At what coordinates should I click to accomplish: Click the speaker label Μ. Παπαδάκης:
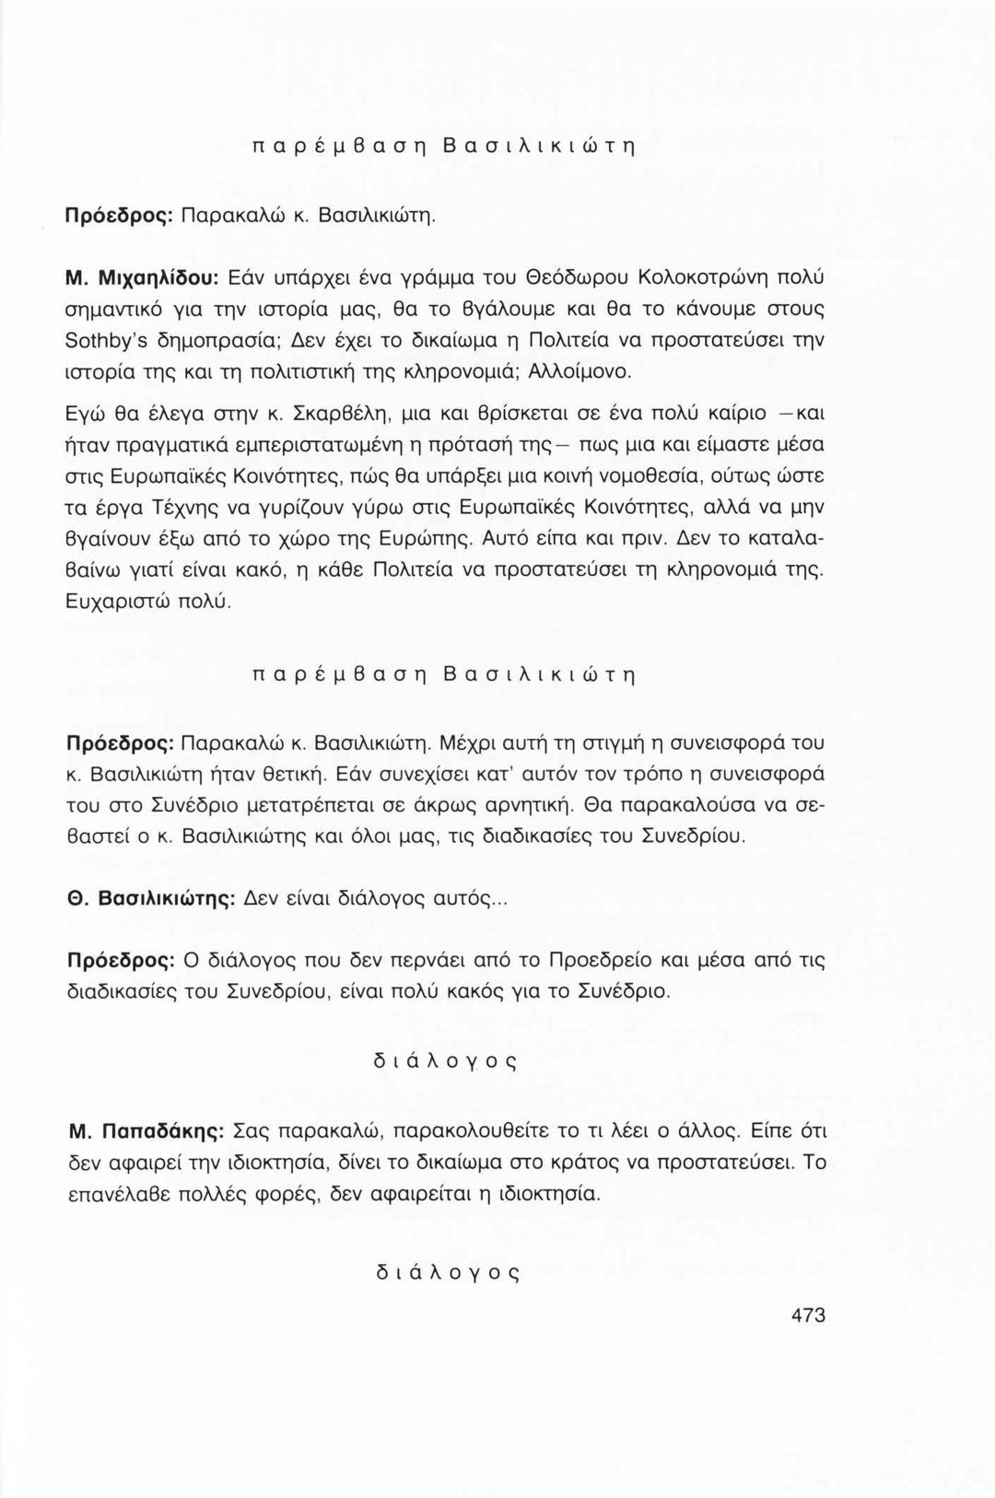(x=146, y=1130)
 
